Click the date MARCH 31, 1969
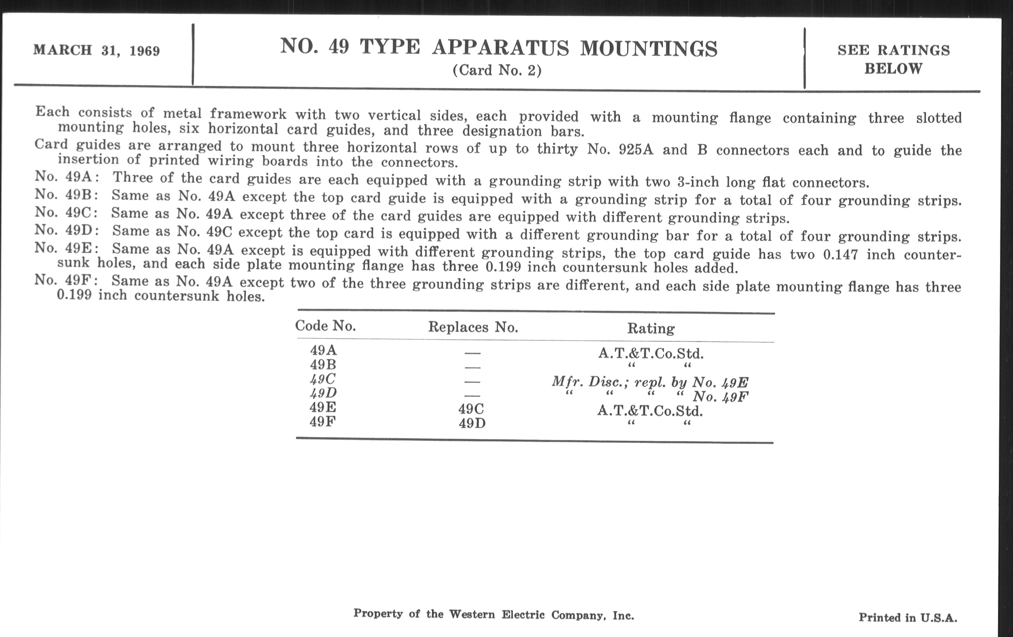tap(96, 50)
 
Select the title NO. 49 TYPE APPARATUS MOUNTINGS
tap(499, 47)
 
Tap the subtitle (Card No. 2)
tap(497, 70)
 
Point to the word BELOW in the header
tap(893, 69)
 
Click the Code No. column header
tap(325, 326)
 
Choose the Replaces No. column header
tap(473, 327)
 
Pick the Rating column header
tap(651, 328)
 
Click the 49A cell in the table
tap(324, 350)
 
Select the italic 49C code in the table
tap(323, 379)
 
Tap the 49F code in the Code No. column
tap(323, 421)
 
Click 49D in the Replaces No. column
tap(472, 423)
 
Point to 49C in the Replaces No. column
tap(471, 409)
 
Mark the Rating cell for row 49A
tap(651, 353)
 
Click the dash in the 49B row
tap(472, 367)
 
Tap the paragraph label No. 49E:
tap(67, 248)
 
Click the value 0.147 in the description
tap(840, 254)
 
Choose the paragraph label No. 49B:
tap(67, 195)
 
